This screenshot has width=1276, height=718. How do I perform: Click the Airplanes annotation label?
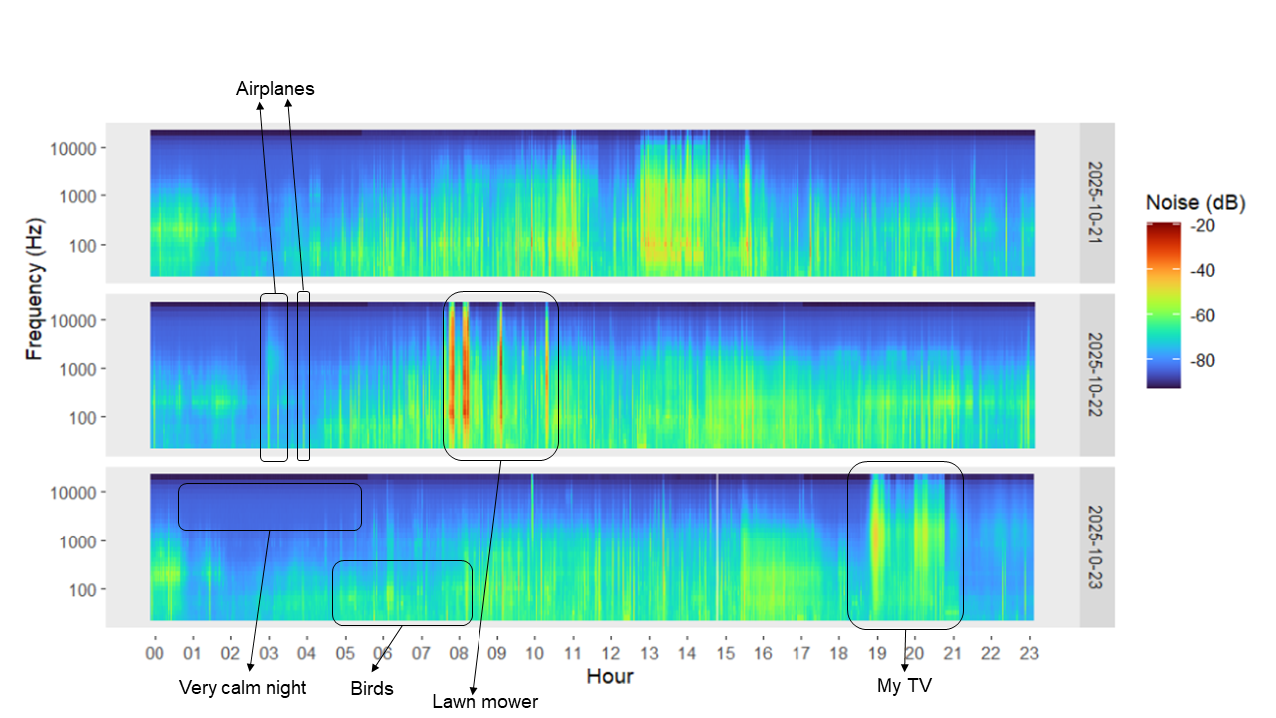click(x=275, y=89)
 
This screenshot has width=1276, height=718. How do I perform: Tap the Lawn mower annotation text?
click(x=484, y=702)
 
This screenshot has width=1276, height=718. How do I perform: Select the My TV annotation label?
click(x=903, y=685)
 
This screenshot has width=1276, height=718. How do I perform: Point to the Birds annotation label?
click(x=372, y=688)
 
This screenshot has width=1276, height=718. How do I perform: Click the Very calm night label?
click(x=242, y=687)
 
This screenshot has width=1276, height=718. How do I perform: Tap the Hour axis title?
click(x=609, y=677)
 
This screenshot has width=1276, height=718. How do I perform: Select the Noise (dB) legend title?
click(x=1195, y=203)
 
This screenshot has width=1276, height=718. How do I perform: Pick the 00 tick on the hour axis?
click(x=155, y=653)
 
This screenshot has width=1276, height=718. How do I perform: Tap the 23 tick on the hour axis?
click(x=1028, y=653)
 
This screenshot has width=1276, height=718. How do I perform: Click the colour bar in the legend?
click(x=1163, y=304)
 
